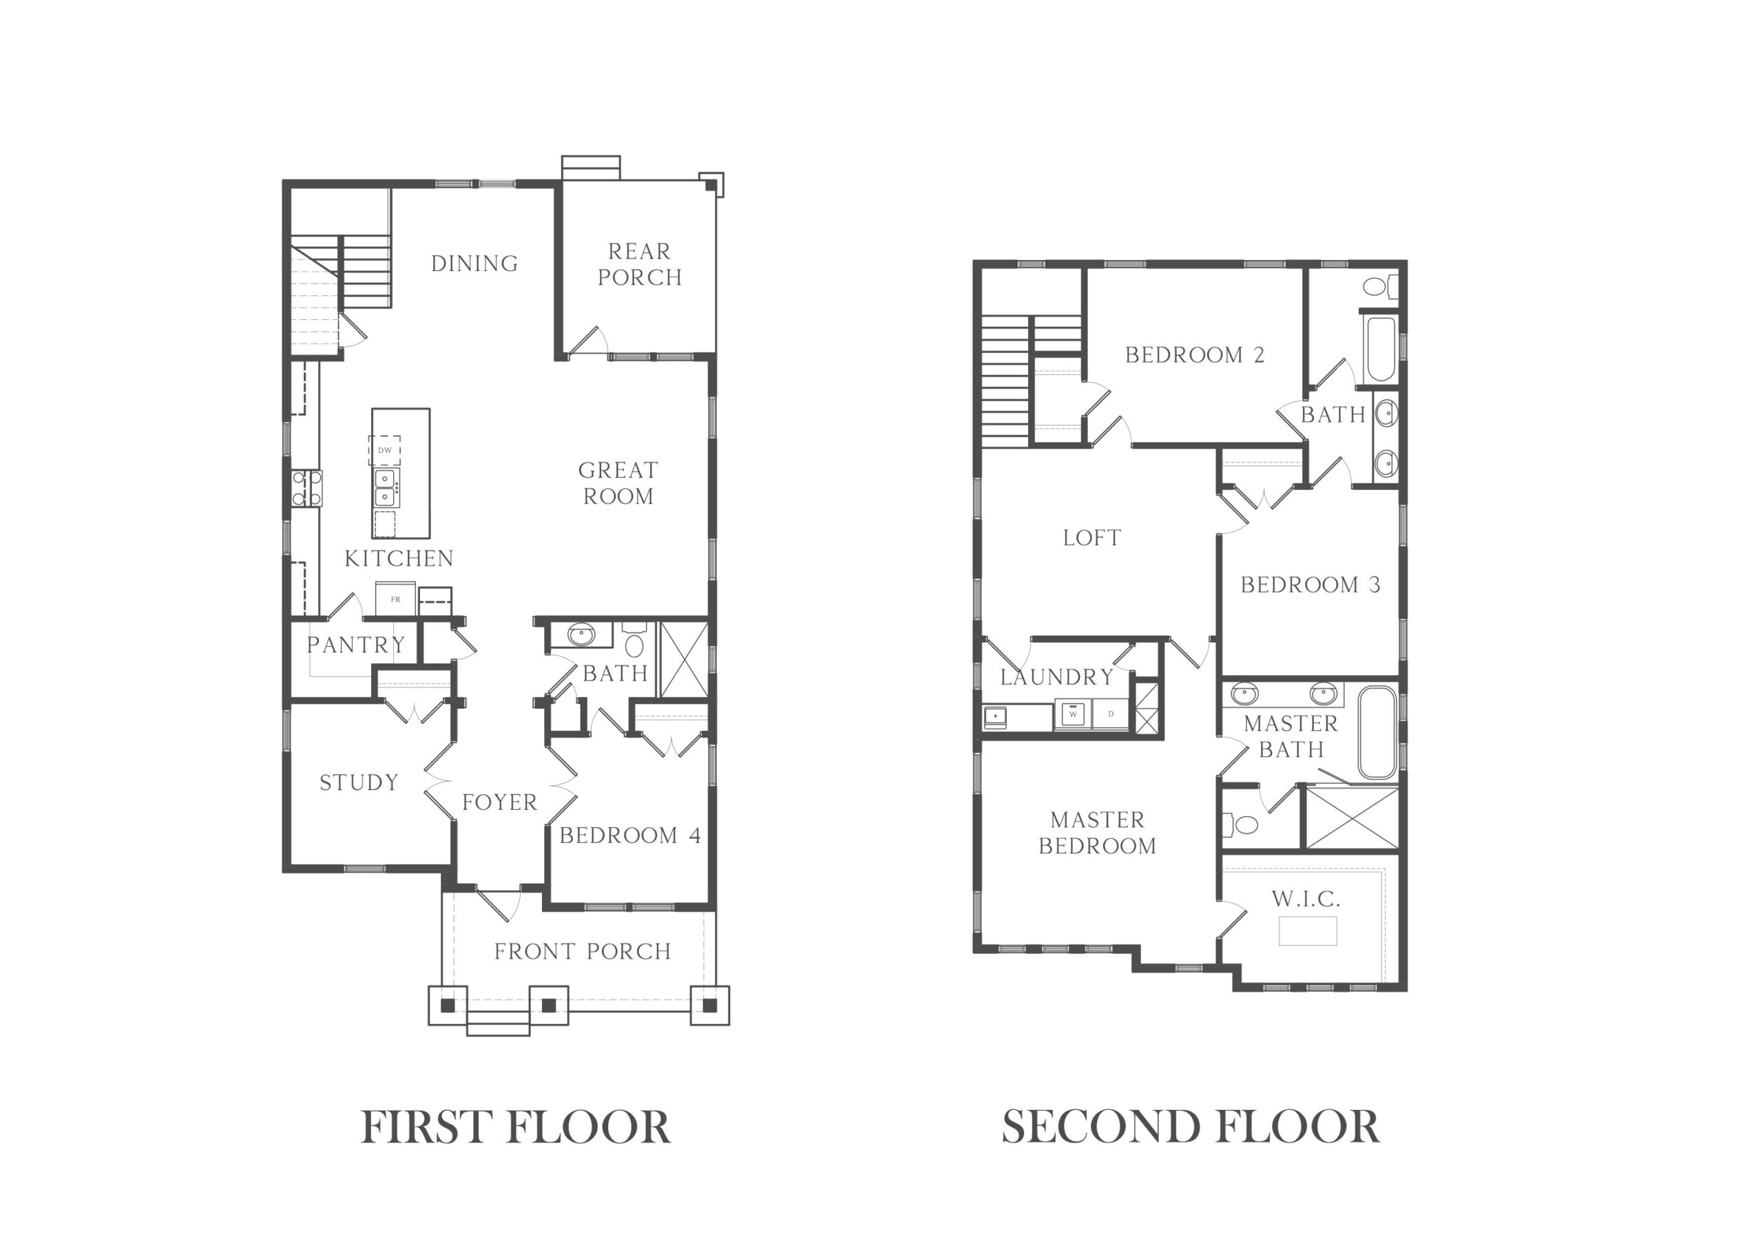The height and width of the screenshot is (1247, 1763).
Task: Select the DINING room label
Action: click(474, 264)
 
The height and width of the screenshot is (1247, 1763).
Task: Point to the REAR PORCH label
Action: click(639, 264)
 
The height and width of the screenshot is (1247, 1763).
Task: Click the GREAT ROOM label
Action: click(618, 482)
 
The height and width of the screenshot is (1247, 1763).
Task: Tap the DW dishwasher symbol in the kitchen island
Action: click(385, 450)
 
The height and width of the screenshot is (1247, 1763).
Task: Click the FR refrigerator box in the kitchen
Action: click(395, 599)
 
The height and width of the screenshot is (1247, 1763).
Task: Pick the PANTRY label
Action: click(355, 644)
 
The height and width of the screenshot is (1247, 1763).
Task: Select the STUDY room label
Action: click(359, 782)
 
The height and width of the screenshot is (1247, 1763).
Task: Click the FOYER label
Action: click(499, 802)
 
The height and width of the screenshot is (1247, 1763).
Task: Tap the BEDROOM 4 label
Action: click(630, 835)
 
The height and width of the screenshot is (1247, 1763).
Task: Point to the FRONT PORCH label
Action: click(583, 951)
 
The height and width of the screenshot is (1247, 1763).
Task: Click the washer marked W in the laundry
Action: click(1073, 714)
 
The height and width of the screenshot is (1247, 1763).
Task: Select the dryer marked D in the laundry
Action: click(1111, 714)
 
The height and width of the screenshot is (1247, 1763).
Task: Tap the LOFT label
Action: click(1092, 537)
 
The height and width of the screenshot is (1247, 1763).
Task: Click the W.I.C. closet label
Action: click(1306, 899)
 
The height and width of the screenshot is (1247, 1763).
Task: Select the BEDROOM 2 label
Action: click(1195, 354)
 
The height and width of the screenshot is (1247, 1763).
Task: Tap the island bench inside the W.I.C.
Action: click(1308, 930)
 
